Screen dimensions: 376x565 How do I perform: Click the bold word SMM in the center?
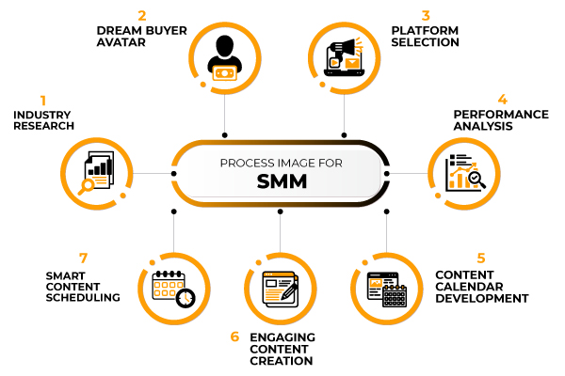pyautogui.click(x=281, y=182)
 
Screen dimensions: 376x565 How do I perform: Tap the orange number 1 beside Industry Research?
pyautogui.click(x=42, y=99)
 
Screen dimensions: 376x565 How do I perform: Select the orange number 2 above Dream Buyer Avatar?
pyautogui.click(x=143, y=15)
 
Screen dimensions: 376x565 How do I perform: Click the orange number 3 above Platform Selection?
pyautogui.click(x=426, y=15)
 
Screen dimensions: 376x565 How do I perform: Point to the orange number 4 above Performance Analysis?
pyautogui.click(x=503, y=99)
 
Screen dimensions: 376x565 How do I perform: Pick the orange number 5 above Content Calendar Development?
pyautogui.click(x=481, y=258)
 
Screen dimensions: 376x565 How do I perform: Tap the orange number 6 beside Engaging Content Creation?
pyautogui.click(x=235, y=337)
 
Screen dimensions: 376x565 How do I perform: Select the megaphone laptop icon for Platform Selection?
pyautogui.click(x=342, y=57)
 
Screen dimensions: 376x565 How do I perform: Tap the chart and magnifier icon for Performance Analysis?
pyautogui.click(x=465, y=172)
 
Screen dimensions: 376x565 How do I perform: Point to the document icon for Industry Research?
pyautogui.click(x=97, y=172)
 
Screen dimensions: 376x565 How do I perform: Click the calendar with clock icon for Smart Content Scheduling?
pyautogui.click(x=173, y=287)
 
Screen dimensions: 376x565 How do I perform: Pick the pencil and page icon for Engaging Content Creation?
pyautogui.click(x=280, y=289)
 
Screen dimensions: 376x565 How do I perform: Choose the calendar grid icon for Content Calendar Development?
pyautogui.click(x=386, y=289)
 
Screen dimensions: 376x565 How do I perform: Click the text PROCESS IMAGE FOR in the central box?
pyautogui.click(x=281, y=162)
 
